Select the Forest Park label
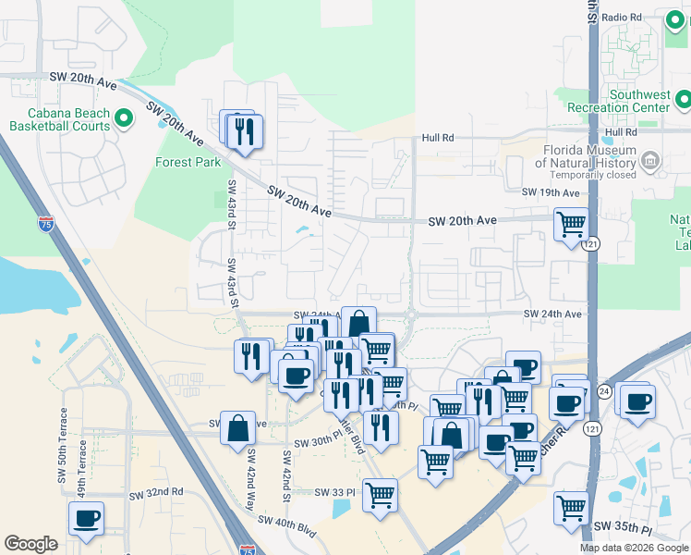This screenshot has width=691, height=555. pos(189,162)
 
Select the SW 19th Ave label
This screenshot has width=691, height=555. pos(550,192)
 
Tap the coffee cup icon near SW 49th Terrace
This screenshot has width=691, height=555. pos(86,519)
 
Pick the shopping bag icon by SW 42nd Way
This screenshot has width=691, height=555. pos(237,428)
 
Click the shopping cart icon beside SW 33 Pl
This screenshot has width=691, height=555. pos(380,496)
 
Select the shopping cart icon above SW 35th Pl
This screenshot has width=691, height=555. pos(572,508)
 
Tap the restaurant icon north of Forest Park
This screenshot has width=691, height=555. pos(244,130)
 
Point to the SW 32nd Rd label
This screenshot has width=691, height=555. pos(156,492)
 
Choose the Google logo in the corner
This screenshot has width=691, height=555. pos(30,544)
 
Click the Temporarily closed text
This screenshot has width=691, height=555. pos(593,175)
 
